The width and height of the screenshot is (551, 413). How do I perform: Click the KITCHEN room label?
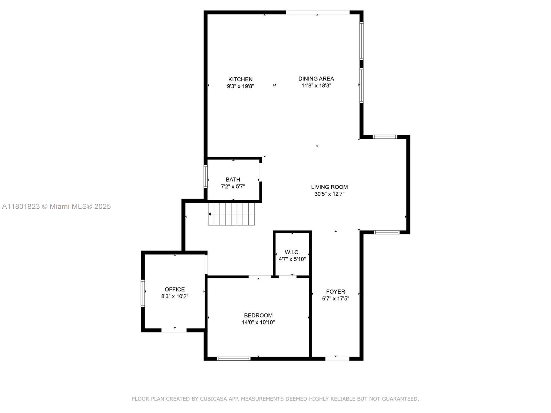[240, 79]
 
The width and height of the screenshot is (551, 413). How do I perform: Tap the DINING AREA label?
[316, 78]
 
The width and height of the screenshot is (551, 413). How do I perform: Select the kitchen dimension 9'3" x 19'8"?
[240, 86]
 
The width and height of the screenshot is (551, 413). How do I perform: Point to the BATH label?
[233, 180]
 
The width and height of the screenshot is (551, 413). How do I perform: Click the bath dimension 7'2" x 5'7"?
[233, 187]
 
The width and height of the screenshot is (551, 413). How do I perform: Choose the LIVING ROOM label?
[329, 187]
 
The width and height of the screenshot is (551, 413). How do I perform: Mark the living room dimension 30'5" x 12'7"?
[329, 194]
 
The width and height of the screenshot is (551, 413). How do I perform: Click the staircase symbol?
[231, 214]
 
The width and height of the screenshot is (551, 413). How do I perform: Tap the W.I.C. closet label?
[292, 252]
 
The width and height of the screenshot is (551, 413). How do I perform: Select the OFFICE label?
[175, 289]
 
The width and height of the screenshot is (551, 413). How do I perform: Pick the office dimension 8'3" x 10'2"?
[175, 296]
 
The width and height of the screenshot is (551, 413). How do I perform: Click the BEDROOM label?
[258, 316]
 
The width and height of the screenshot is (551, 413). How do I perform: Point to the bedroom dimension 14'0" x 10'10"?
[258, 322]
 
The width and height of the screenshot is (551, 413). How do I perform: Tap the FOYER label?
[336, 292]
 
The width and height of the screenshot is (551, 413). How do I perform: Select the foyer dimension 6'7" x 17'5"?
[336, 299]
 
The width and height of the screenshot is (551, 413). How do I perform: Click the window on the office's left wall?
[143, 293]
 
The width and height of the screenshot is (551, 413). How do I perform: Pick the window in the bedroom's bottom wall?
[234, 359]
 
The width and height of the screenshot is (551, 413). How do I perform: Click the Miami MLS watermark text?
[56, 206]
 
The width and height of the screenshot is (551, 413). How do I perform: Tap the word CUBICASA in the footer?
[214, 399]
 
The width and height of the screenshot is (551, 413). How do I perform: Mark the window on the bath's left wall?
[206, 177]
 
